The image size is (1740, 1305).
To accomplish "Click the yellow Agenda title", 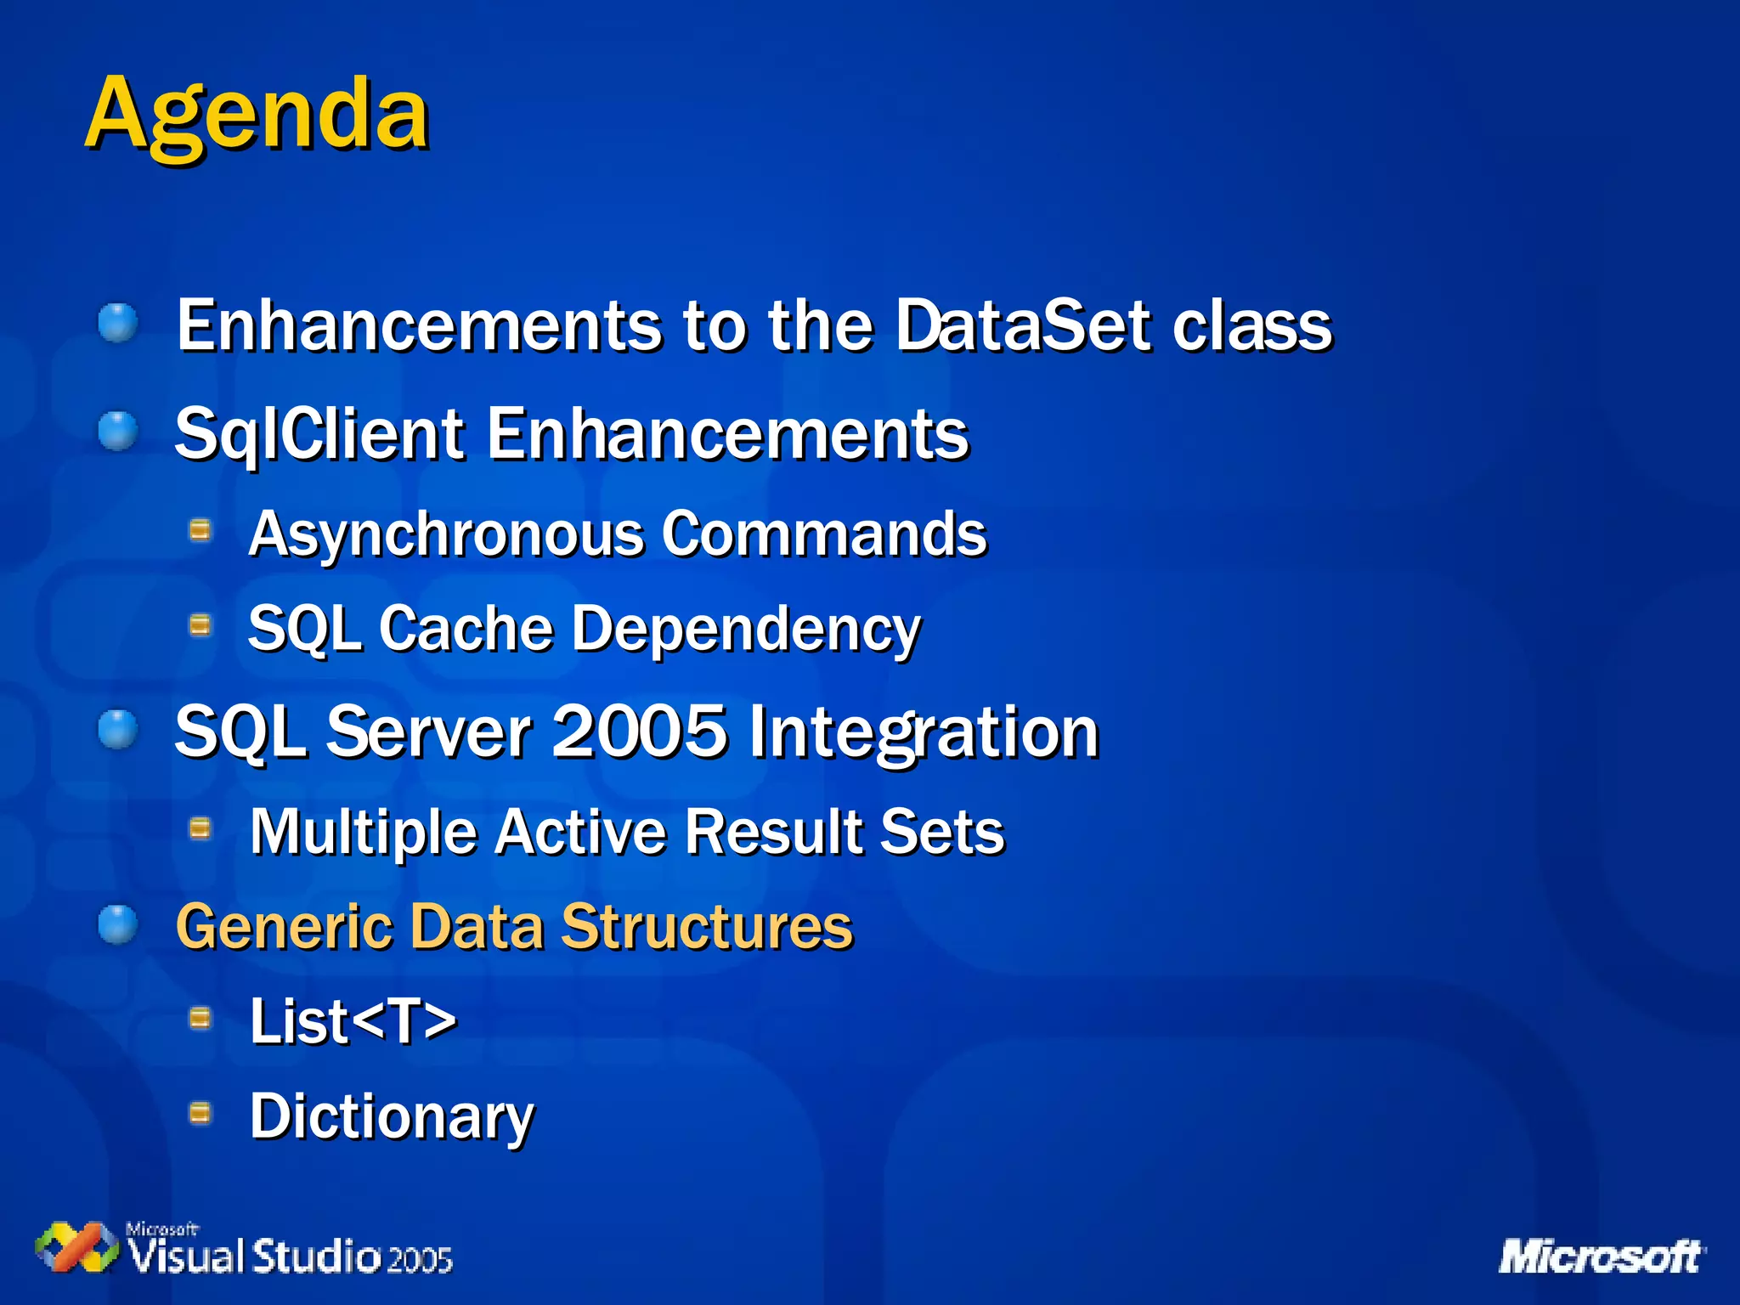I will point(257,115).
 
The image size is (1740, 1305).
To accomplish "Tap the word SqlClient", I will point(319,434).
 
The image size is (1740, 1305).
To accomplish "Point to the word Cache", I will point(466,630).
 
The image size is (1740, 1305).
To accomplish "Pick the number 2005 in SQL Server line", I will point(639,732).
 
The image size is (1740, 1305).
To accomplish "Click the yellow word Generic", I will point(282,926).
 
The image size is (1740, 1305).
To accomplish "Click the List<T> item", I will point(353,1020).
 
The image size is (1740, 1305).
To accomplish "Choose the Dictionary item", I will point(392,1116).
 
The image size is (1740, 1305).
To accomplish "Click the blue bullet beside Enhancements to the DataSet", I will point(117,324).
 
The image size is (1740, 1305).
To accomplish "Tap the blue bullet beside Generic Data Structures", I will point(117,924).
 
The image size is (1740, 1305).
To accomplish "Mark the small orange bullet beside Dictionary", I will point(200,1112).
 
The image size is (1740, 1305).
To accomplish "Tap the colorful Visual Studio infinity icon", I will point(76,1247).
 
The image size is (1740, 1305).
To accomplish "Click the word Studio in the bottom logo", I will point(316,1257).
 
